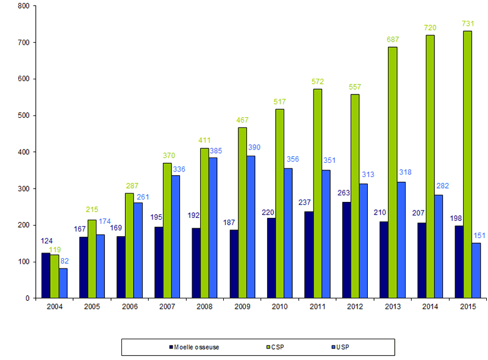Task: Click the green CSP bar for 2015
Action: [x=467, y=165]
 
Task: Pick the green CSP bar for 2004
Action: [x=54, y=276]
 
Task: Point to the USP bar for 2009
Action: [x=251, y=227]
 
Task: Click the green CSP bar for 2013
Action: [x=392, y=173]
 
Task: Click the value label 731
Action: [x=467, y=24]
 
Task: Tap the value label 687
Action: [x=392, y=40]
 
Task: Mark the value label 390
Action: [x=255, y=148]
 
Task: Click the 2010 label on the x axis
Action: [x=279, y=306]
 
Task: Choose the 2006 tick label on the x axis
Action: [x=129, y=306]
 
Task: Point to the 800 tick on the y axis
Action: [x=24, y=6]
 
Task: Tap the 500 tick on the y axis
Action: [x=24, y=115]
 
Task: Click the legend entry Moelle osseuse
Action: [x=194, y=347]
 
